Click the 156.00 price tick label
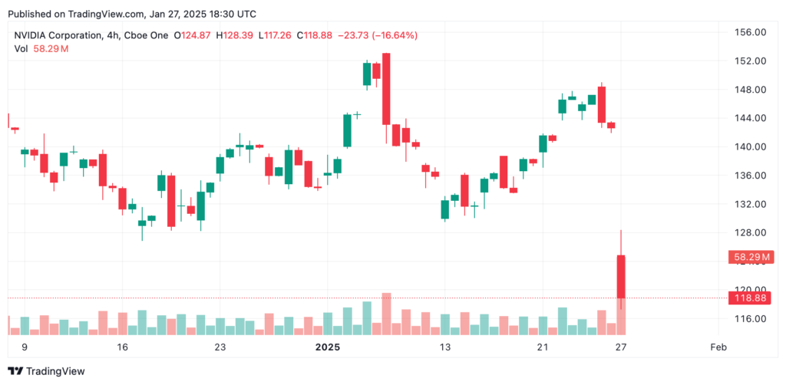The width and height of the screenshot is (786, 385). pos(748,32)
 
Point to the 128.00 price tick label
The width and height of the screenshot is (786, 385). pos(748,233)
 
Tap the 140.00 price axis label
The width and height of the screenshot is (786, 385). pos(748,146)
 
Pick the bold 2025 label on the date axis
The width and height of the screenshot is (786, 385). pos(328,347)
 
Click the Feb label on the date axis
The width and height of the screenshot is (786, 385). pos(718,347)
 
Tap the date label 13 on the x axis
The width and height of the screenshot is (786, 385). pos(444,347)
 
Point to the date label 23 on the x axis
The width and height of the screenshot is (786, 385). pos(220,347)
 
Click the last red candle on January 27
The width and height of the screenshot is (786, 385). pos(621,276)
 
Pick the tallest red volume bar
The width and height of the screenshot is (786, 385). pos(386,314)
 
